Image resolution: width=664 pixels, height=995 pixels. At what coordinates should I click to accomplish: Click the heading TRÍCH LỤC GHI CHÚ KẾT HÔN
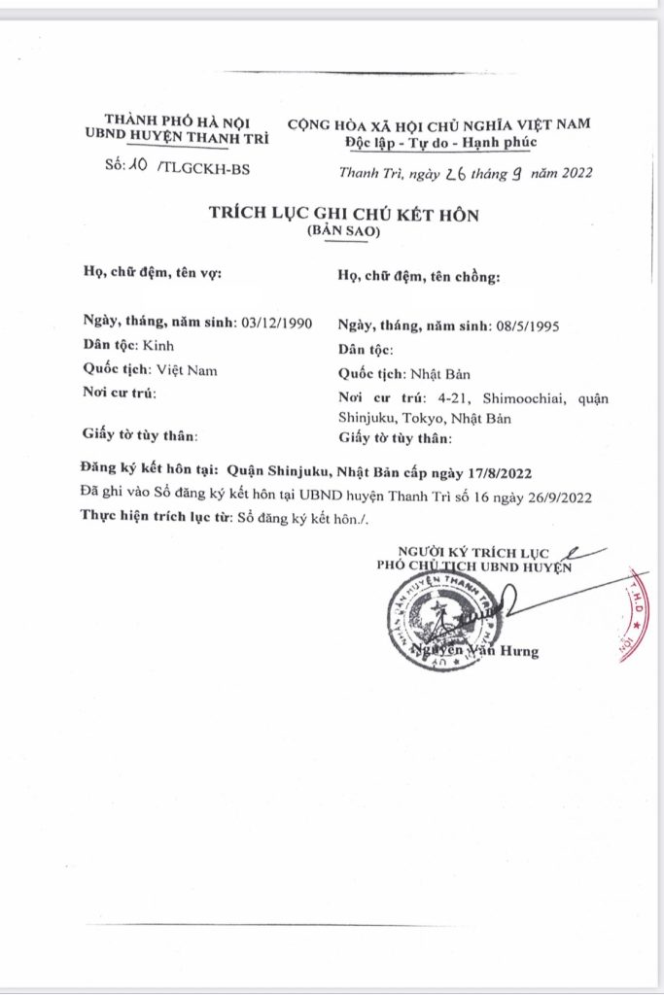pyautogui.click(x=345, y=213)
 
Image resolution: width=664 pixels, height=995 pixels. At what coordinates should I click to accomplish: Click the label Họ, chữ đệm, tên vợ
pyautogui.click(x=154, y=273)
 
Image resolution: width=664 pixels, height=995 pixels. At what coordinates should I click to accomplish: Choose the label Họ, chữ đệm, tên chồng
pyautogui.click(x=418, y=276)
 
